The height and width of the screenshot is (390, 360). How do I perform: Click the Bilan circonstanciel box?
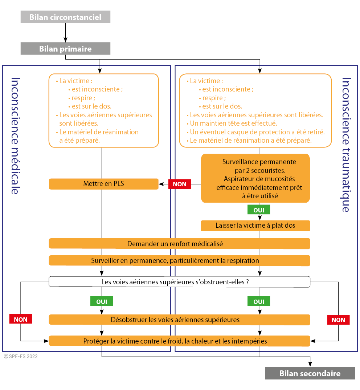click(65, 17)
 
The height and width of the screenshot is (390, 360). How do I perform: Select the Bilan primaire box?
click(65, 49)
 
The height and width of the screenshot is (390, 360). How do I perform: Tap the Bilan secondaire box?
click(310, 373)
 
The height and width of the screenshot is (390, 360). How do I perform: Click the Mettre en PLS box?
click(104, 184)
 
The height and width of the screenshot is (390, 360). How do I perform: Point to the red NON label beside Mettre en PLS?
click(180, 184)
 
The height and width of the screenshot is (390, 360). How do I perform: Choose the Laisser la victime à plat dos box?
click(255, 226)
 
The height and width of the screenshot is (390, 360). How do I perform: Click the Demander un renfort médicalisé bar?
click(180, 244)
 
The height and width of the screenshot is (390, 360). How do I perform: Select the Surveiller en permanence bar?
click(180, 261)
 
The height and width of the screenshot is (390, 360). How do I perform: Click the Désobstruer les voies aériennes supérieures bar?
click(180, 320)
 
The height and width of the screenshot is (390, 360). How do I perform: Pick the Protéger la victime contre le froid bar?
click(180, 341)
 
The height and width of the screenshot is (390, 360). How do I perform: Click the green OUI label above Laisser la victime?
click(258, 210)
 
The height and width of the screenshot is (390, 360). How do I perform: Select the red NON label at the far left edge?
click(21, 319)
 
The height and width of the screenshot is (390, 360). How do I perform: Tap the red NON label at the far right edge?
click(338, 320)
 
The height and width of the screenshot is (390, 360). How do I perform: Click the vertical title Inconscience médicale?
click(15, 136)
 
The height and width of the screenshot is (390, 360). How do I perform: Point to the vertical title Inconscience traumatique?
click(346, 145)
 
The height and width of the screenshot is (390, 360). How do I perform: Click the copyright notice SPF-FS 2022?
click(21, 356)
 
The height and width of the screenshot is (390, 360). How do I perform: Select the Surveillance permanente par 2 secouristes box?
click(255, 178)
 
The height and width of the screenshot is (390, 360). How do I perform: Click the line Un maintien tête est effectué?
click(233, 123)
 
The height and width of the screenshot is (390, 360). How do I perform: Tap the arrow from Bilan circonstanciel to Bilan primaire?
click(65, 33)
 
